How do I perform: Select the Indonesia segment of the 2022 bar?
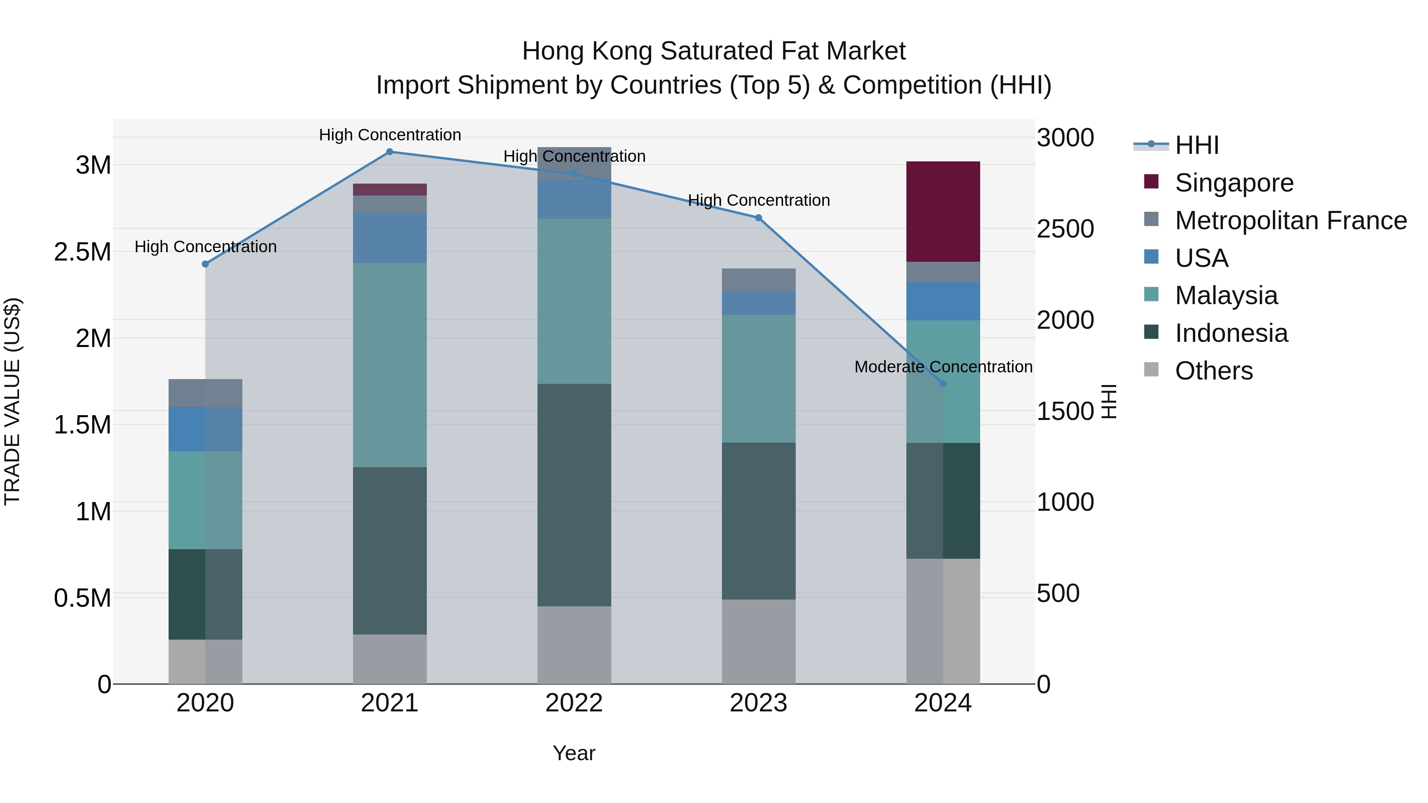tap(574, 494)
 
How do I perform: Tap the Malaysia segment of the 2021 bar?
tap(390, 365)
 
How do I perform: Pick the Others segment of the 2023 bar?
tap(758, 641)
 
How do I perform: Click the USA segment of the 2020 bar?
tap(205, 429)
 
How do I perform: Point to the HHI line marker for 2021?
tap(390, 152)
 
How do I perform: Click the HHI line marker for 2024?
tap(943, 383)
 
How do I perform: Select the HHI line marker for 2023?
tap(758, 218)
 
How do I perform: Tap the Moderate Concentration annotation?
tap(943, 367)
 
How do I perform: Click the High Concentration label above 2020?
tap(205, 247)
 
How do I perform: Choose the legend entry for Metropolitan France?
tap(1290, 220)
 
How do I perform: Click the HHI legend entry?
tap(1196, 145)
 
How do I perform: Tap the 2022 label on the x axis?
tap(574, 703)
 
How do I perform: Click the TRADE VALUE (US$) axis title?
tap(12, 401)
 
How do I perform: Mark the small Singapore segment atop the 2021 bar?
tap(390, 190)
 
